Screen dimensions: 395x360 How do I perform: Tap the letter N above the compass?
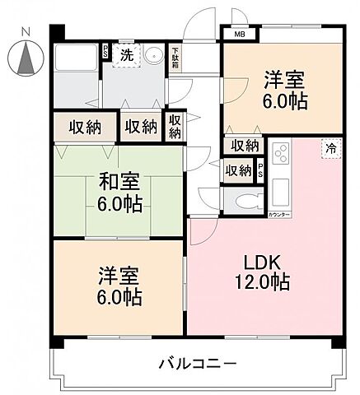pyautogui.click(x=26, y=31)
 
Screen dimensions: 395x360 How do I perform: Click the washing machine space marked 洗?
pyautogui.click(x=127, y=55)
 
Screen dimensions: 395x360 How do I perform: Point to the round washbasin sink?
pyautogui.click(x=154, y=56)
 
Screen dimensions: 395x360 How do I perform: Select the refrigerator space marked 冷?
pyautogui.click(x=330, y=148)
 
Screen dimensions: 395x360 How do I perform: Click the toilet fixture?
pyautogui.click(x=245, y=200)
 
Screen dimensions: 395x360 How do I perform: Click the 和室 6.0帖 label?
pyautogui.click(x=119, y=190)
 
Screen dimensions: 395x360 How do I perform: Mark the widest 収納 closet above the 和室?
pyautogui.click(x=83, y=127)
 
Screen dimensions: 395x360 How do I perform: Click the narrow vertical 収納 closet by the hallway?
pyautogui.click(x=175, y=127)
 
